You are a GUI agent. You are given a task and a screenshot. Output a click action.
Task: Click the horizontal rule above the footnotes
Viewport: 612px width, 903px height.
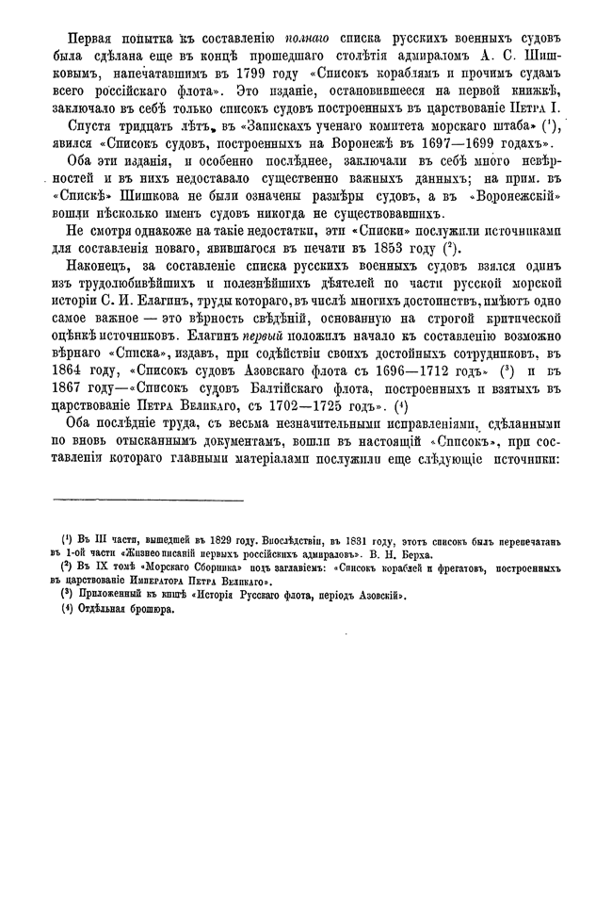click(x=148, y=500)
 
